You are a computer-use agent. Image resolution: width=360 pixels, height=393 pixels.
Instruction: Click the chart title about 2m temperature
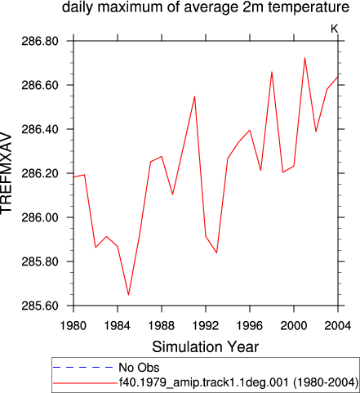[x=206, y=7]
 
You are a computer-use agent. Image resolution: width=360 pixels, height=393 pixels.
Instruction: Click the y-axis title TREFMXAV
[x=6, y=173]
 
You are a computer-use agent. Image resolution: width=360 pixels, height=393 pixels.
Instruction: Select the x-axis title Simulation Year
[x=206, y=347]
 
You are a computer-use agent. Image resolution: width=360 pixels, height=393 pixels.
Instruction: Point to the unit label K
[x=335, y=29]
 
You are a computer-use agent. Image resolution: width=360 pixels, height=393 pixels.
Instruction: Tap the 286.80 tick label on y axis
[x=40, y=41]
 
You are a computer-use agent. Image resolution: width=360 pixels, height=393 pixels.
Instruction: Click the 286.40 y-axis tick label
[x=40, y=129]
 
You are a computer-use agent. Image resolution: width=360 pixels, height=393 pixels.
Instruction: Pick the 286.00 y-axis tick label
[x=40, y=217]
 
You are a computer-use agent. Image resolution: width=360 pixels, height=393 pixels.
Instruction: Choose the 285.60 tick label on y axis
[x=40, y=306]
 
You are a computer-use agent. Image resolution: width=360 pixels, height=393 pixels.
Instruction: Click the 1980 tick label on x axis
[x=73, y=325]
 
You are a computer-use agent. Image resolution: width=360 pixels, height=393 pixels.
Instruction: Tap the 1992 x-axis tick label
[x=206, y=325]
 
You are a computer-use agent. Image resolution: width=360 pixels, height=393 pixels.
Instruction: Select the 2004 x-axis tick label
[x=338, y=325]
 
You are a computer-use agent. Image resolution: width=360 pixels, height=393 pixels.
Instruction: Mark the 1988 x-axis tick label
[x=162, y=325]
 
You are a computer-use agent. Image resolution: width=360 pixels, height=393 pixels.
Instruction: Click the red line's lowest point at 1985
[x=128, y=295]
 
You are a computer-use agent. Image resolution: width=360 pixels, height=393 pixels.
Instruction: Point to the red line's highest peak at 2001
[x=304, y=58]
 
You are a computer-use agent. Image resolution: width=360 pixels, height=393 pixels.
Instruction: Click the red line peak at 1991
[x=194, y=96]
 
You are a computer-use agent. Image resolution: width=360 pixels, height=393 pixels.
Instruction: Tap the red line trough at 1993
[x=216, y=252]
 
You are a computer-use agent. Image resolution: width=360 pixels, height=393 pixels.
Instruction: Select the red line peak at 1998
[x=272, y=72]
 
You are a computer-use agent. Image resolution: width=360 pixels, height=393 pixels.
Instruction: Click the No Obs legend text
[x=139, y=368]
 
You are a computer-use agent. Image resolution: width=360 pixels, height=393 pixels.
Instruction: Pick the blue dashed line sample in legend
[x=83, y=368]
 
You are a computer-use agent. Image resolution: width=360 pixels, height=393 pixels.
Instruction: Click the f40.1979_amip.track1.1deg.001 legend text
[x=203, y=382]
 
